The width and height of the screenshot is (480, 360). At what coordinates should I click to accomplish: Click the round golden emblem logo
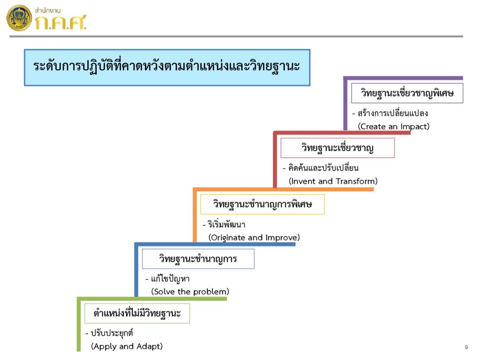click(x=19, y=18)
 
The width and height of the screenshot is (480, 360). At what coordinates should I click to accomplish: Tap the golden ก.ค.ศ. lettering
click(x=60, y=22)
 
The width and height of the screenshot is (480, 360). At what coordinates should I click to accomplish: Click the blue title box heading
click(x=167, y=67)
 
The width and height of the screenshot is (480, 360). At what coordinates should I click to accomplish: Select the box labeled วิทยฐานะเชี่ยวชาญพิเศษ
click(x=407, y=93)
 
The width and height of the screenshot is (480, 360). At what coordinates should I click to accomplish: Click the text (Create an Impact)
click(x=394, y=127)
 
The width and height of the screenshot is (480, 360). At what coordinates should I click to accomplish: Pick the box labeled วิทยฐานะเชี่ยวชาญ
click(x=337, y=148)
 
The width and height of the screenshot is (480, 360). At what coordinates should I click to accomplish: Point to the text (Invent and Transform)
click(x=333, y=181)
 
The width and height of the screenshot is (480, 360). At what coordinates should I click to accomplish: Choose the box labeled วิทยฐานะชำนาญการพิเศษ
click(x=262, y=204)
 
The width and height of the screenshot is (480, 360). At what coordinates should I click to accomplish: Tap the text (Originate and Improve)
click(x=254, y=238)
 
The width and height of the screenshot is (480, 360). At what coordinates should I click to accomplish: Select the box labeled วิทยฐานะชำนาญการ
click(x=198, y=259)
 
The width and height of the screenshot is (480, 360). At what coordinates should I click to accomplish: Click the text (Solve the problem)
click(x=190, y=292)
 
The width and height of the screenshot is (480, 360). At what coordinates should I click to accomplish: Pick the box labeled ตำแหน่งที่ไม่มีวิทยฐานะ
click(x=137, y=314)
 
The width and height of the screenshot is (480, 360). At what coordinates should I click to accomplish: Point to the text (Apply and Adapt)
click(x=127, y=346)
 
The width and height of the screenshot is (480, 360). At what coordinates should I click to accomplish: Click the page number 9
click(x=466, y=347)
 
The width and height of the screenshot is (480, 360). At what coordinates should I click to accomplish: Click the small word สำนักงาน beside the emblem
click(x=47, y=10)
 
